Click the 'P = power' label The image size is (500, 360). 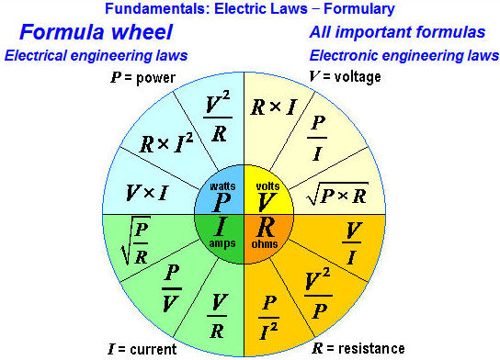coord(145,76)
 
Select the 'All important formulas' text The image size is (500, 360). coord(397,32)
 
